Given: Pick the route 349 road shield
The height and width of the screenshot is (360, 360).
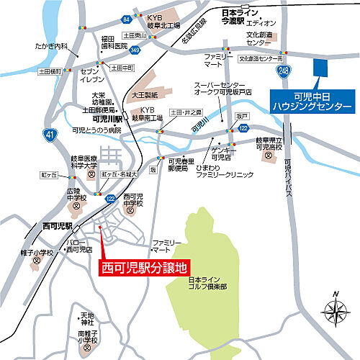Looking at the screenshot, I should point(135,50).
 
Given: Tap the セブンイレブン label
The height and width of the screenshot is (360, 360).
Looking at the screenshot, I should point(93,77).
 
